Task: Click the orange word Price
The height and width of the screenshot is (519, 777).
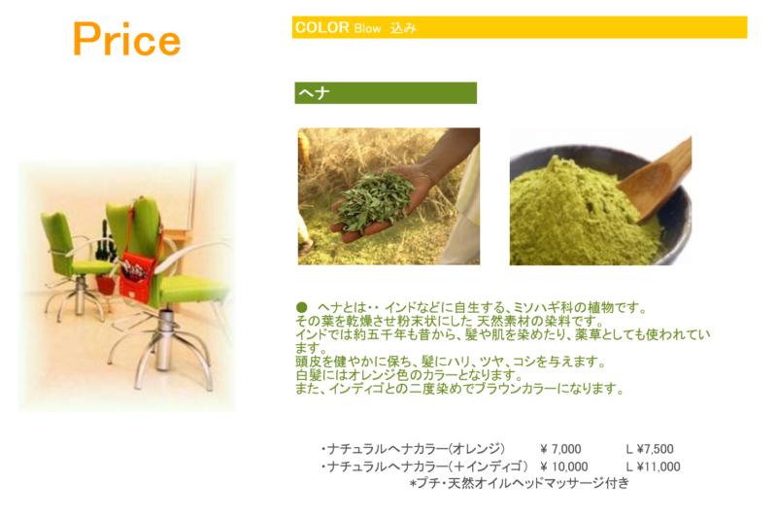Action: click(127, 40)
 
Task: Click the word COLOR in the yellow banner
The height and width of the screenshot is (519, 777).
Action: click(322, 27)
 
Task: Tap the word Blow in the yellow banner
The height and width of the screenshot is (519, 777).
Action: click(367, 29)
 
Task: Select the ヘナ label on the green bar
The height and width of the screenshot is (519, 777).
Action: click(314, 92)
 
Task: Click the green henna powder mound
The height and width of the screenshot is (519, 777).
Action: click(580, 213)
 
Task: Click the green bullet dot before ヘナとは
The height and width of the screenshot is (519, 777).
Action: click(301, 307)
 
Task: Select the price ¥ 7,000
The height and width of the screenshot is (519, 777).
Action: click(560, 449)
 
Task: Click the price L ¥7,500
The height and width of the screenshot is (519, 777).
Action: click(650, 449)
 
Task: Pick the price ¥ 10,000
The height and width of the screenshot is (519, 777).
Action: click(564, 467)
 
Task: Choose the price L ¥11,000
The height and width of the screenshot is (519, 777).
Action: click(653, 467)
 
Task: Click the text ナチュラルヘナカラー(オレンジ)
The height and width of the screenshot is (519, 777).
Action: click(413, 449)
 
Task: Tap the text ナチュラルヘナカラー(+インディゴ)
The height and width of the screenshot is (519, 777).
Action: click(424, 467)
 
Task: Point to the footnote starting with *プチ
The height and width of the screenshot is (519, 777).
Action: click(520, 483)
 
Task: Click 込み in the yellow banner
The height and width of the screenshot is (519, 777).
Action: click(403, 28)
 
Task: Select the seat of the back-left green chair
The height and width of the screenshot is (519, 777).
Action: click(91, 267)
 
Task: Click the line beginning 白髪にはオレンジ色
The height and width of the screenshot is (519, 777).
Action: click(409, 375)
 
